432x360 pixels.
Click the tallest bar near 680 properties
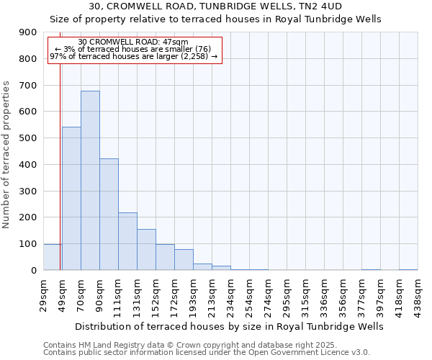(x=90, y=180)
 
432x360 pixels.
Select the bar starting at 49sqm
(x=71, y=198)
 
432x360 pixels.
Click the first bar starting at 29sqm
(x=52, y=257)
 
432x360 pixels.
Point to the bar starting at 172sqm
(x=184, y=259)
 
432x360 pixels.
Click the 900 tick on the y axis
(x=27, y=32)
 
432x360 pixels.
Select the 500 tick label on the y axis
(x=27, y=138)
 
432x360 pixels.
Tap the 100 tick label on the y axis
(x=27, y=244)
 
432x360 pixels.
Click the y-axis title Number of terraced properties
(x=7, y=154)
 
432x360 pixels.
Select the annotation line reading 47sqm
(x=133, y=42)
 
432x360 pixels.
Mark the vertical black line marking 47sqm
(x=60, y=166)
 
